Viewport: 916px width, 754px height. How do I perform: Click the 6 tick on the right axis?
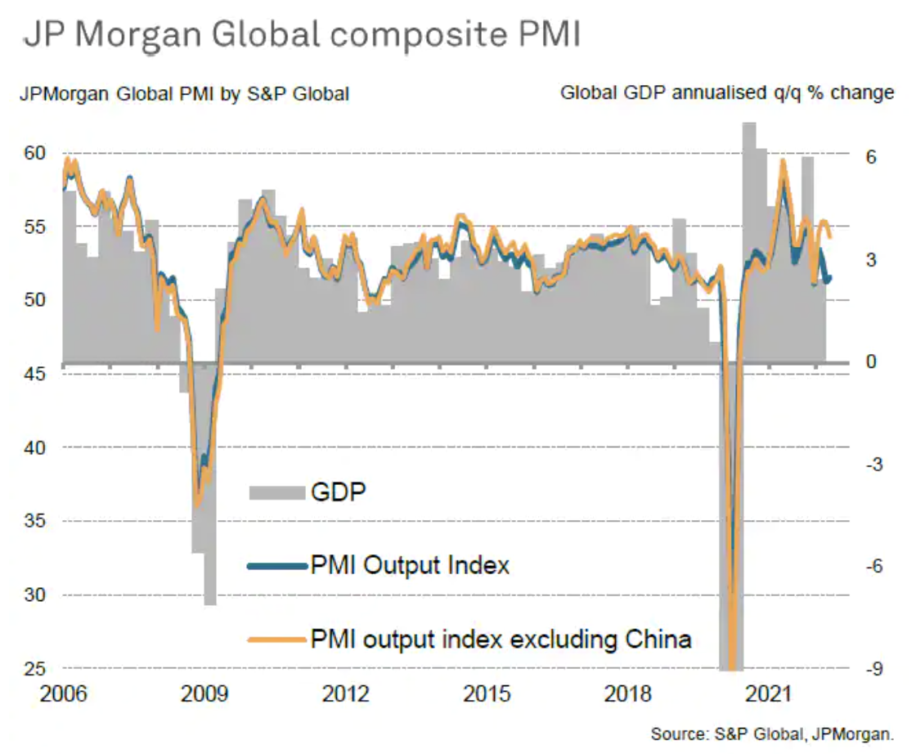(871, 157)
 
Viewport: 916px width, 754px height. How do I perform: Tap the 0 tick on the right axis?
(871, 361)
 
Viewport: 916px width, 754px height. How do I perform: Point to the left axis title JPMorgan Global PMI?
(185, 94)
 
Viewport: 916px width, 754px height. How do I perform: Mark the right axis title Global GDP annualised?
(727, 93)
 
